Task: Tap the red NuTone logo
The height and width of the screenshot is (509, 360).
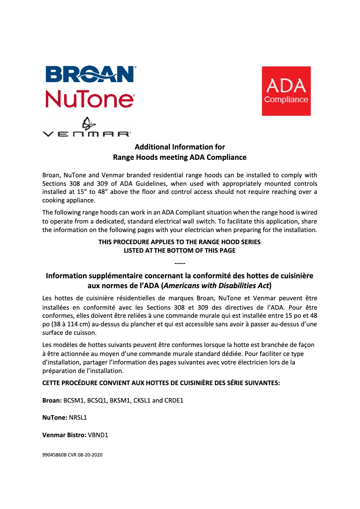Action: tap(90, 99)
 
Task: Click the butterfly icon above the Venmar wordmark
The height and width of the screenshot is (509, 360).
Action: tap(86, 123)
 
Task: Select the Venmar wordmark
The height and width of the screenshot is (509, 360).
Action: tap(86, 134)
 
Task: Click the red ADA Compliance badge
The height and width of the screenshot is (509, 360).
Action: tap(286, 91)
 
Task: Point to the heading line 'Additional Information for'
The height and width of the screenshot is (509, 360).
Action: tap(180, 147)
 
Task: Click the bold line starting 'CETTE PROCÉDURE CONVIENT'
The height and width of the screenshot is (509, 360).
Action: tap(161, 383)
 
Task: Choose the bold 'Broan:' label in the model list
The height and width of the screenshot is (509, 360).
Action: tap(52, 400)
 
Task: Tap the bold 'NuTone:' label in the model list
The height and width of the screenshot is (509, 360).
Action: tap(54, 417)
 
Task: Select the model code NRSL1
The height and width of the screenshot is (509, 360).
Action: tap(78, 417)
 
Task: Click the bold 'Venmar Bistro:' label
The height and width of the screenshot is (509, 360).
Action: tap(64, 435)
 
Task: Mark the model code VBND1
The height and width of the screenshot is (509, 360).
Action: tap(98, 435)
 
